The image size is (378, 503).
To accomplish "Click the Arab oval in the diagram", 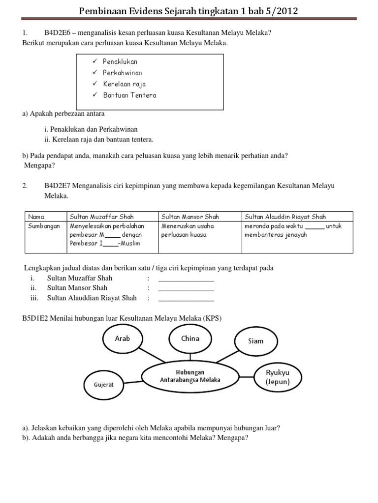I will coord(122,338).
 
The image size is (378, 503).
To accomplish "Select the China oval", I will coord(190,338).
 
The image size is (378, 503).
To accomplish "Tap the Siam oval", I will coord(256,341).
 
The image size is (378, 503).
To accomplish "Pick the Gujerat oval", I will coord(103,384).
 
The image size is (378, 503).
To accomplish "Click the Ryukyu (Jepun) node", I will coord(278,377).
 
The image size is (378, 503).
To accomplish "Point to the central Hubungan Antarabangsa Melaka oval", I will coord(190,376).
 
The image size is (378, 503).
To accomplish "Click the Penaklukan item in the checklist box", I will coord(120,61).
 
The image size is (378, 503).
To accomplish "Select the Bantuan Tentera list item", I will coord(129,95).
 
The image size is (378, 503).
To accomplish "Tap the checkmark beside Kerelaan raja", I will coord(94,84).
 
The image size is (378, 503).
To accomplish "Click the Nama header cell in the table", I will coord(36,217).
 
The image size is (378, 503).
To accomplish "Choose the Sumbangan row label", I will coord(44,226).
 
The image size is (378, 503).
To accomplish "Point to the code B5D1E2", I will coord(36,318).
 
